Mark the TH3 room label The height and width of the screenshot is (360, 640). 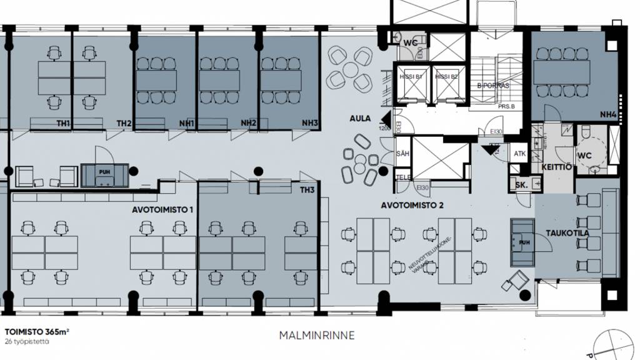307,190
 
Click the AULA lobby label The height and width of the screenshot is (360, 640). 360,118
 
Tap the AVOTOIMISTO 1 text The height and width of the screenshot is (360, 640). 161,210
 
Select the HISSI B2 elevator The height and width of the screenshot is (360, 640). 446,76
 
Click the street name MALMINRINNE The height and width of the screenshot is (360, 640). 317,336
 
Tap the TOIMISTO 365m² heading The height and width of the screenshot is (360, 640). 37,332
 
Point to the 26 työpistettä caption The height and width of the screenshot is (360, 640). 27,342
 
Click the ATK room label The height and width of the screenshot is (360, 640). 519,154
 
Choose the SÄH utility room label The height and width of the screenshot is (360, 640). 403,154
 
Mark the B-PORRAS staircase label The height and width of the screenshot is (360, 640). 493,85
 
